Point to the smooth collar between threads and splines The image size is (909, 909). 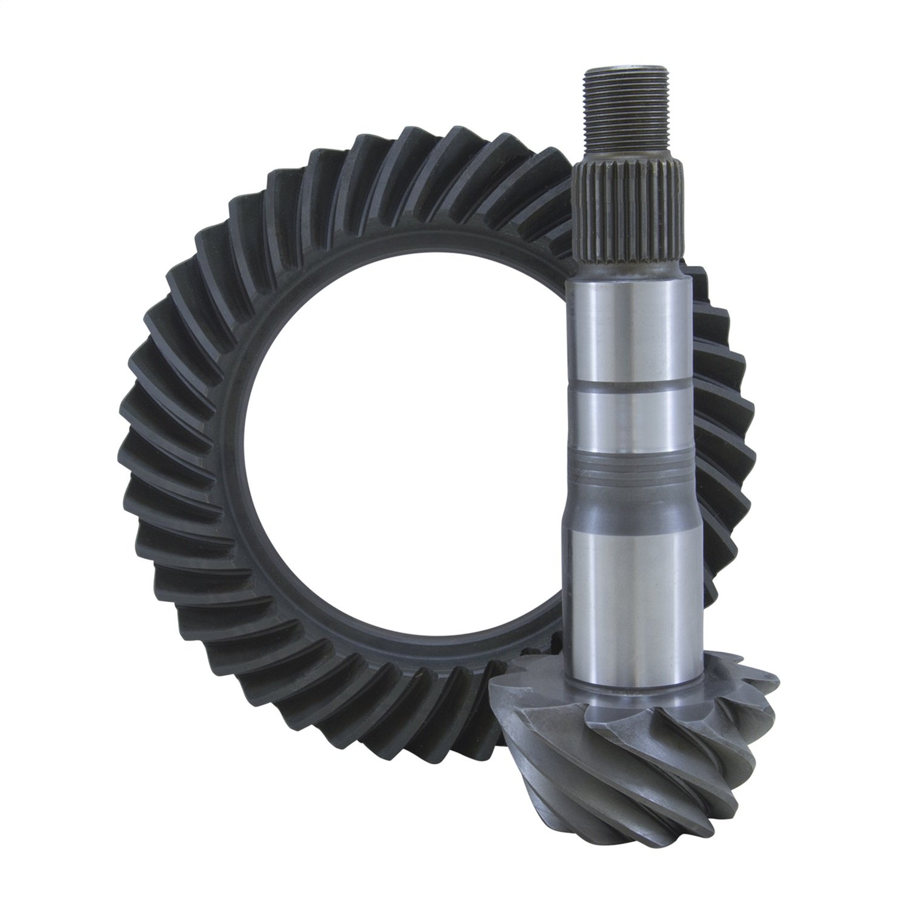pos(627,151)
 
